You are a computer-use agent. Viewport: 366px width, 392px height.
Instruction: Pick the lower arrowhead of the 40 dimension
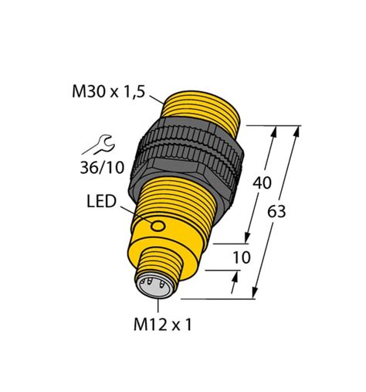tap(249, 240)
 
